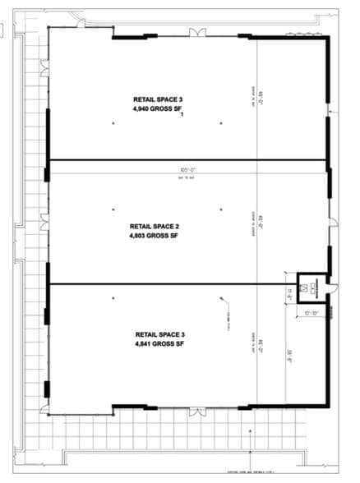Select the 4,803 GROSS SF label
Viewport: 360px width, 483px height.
pyautogui.click(x=155, y=236)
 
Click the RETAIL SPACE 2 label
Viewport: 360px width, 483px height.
pyautogui.click(x=155, y=225)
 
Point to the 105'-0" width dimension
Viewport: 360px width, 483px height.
pyautogui.click(x=190, y=171)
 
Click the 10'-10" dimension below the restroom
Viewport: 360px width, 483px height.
pyautogui.click(x=310, y=312)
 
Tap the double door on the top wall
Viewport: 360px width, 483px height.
pyautogui.click(x=198, y=32)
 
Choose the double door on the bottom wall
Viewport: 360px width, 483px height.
pyautogui.click(x=198, y=409)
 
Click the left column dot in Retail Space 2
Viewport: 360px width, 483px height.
pyautogui.click(x=113, y=209)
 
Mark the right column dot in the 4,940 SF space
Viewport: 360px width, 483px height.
pyautogui.click(x=221, y=123)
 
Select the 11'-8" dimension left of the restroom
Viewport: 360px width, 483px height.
pyautogui.click(x=289, y=290)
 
